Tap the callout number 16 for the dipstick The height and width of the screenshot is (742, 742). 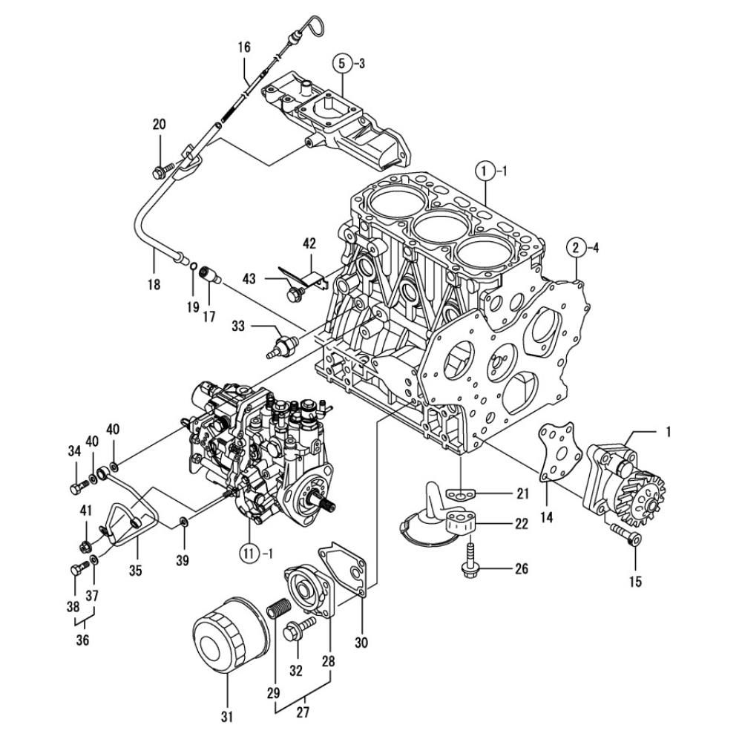coord(244,47)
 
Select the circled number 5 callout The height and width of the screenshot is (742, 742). coord(344,63)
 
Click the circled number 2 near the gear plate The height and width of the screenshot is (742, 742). coord(576,247)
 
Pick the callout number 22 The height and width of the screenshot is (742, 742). coord(522,523)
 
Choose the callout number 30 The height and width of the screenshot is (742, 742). coord(361,642)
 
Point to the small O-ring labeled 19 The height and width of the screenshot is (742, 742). coord(193,267)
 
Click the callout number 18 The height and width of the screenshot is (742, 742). coord(154,284)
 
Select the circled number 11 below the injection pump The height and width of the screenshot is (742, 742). coord(249,552)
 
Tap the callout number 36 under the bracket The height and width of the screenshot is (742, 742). coord(82,640)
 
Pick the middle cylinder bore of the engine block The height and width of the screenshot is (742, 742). coord(440,226)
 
